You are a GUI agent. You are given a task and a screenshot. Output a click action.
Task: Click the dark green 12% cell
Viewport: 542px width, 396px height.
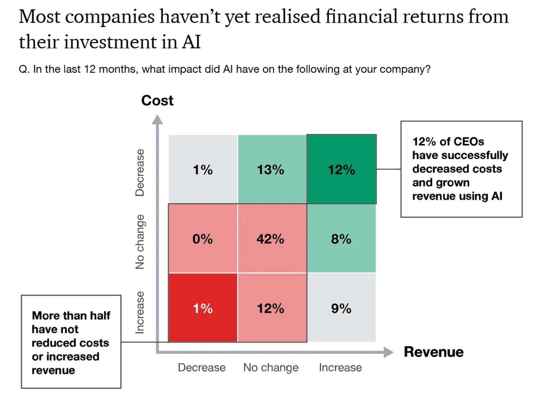(x=341, y=169)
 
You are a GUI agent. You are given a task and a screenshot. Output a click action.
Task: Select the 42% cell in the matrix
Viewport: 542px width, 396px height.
(x=271, y=239)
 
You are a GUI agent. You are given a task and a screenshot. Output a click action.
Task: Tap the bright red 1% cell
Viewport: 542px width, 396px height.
(x=203, y=308)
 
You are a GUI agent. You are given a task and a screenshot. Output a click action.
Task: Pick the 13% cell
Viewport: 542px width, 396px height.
(x=271, y=169)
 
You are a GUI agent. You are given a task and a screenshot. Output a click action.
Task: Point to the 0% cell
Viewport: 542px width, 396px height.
(x=203, y=239)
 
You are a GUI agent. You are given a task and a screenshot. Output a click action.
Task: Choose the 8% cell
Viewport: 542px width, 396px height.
(x=341, y=239)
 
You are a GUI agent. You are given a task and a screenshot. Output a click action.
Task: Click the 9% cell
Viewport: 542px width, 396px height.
(x=341, y=308)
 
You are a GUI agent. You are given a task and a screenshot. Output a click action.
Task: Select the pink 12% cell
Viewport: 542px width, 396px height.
(x=271, y=308)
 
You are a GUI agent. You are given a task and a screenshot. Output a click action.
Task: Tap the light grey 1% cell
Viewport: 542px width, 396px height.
(x=203, y=169)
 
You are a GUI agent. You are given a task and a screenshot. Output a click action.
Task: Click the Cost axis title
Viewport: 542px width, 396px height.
(x=157, y=101)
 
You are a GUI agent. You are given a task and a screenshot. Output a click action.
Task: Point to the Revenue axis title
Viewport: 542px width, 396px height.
(x=434, y=352)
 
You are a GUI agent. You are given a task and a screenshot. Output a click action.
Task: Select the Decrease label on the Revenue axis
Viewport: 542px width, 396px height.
(x=202, y=368)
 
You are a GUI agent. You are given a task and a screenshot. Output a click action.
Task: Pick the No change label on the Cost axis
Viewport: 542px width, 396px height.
(x=140, y=242)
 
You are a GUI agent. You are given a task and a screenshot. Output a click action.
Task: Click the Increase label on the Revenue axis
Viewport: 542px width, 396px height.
(x=340, y=368)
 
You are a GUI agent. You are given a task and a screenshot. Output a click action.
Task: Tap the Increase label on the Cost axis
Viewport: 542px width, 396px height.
(x=140, y=312)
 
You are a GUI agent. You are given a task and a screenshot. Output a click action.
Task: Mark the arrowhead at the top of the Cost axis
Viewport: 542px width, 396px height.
(x=157, y=119)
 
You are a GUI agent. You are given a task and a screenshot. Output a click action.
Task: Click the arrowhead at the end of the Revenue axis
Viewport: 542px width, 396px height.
(x=388, y=352)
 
